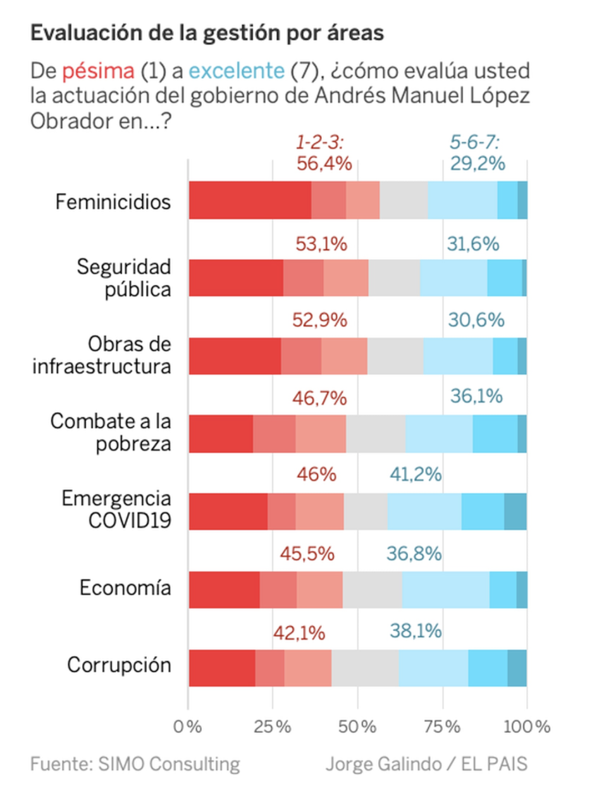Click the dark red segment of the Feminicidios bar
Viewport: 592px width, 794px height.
tap(250, 200)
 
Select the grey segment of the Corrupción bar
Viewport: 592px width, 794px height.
tap(365, 668)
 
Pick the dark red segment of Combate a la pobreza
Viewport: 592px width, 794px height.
tap(221, 434)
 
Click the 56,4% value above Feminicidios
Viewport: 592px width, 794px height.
tap(324, 164)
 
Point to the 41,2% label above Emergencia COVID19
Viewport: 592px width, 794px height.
tap(416, 474)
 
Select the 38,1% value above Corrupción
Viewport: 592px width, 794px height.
tap(416, 631)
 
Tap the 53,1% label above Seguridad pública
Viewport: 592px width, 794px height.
tap(321, 244)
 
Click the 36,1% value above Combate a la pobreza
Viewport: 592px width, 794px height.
tap(476, 396)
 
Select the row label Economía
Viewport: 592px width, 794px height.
tap(125, 588)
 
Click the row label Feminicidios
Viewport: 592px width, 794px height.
tap(113, 202)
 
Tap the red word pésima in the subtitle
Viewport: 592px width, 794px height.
tap(98, 71)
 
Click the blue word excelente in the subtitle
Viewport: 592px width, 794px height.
tap(237, 71)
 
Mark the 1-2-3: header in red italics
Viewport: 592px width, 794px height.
tap(320, 143)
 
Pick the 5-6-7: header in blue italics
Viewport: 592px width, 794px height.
tap(474, 143)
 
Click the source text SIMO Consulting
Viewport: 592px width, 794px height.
tap(169, 765)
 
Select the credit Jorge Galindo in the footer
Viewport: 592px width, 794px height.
tap(383, 765)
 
